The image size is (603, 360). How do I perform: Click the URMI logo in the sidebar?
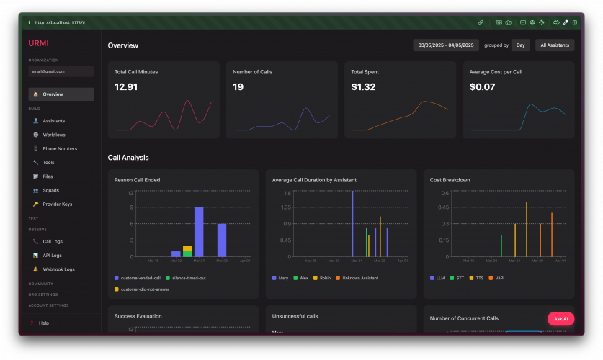tap(38, 43)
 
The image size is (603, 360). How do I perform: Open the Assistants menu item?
tap(54, 121)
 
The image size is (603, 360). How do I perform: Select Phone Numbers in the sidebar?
tap(60, 148)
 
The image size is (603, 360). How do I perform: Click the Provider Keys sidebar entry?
tap(58, 204)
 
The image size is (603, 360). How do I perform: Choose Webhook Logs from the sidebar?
tap(58, 269)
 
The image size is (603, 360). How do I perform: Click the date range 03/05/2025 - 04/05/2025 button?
tap(446, 45)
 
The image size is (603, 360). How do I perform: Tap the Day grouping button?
tap(520, 45)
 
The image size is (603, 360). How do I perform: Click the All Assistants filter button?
tap(555, 45)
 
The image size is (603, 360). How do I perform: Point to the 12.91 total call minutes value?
tap(126, 87)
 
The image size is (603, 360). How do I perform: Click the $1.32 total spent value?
tap(363, 87)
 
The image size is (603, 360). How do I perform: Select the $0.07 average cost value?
tap(482, 87)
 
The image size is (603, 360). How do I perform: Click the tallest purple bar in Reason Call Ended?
tap(199, 231)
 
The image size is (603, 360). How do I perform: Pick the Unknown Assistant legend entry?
tap(360, 278)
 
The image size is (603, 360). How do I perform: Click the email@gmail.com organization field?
tap(61, 71)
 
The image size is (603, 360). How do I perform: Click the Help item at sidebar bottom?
tap(44, 323)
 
